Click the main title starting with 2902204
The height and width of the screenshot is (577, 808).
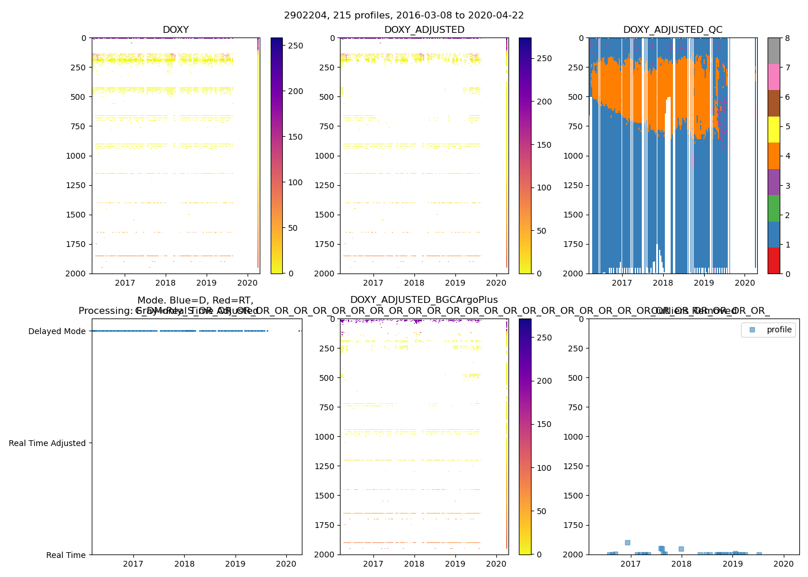click(403, 16)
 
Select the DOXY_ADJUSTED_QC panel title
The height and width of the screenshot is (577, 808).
click(672, 30)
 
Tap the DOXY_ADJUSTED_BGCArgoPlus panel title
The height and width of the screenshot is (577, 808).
click(424, 300)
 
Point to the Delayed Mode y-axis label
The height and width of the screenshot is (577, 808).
click(57, 331)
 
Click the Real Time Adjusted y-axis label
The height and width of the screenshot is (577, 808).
click(47, 443)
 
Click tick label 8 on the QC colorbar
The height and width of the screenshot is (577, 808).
click(787, 38)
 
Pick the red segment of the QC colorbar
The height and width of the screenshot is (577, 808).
click(773, 260)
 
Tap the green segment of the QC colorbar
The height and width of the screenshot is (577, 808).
click(773, 208)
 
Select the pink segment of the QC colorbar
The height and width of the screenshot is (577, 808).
click(773, 77)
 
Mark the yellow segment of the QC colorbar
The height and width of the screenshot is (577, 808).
click(773, 129)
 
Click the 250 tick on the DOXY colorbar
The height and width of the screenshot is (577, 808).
click(295, 46)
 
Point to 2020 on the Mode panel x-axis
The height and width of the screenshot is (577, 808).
click(286, 564)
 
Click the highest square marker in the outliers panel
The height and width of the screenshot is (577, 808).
click(627, 542)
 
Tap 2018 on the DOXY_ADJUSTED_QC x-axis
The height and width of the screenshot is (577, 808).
click(663, 283)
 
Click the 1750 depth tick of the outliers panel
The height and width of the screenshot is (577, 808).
click(573, 525)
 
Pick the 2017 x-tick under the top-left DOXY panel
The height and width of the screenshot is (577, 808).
click(125, 283)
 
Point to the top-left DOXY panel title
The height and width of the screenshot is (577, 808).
click(175, 30)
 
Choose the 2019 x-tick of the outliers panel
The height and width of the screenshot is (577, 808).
click(732, 564)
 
